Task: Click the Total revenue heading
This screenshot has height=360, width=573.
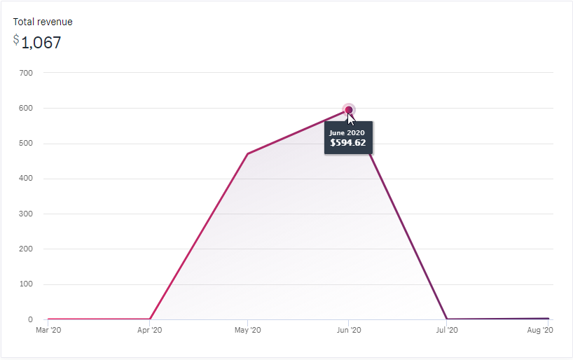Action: pyautogui.click(x=43, y=22)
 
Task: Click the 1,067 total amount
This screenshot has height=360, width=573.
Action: pyautogui.click(x=41, y=43)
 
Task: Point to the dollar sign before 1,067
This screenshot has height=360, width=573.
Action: pyautogui.click(x=16, y=40)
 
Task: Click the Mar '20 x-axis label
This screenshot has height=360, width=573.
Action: pyautogui.click(x=48, y=330)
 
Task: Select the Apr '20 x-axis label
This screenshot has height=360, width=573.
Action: pyautogui.click(x=150, y=330)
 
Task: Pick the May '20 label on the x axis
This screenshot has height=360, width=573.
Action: pyautogui.click(x=247, y=330)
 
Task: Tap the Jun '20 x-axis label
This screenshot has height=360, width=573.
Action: pyautogui.click(x=349, y=330)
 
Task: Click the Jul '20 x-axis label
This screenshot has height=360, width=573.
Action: pyautogui.click(x=446, y=330)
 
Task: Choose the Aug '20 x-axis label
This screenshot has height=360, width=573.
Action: pyautogui.click(x=540, y=330)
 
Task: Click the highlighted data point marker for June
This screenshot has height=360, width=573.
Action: pyautogui.click(x=349, y=109)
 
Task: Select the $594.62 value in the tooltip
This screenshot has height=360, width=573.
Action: pyautogui.click(x=348, y=143)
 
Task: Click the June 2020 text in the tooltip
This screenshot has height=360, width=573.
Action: pyautogui.click(x=348, y=132)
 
